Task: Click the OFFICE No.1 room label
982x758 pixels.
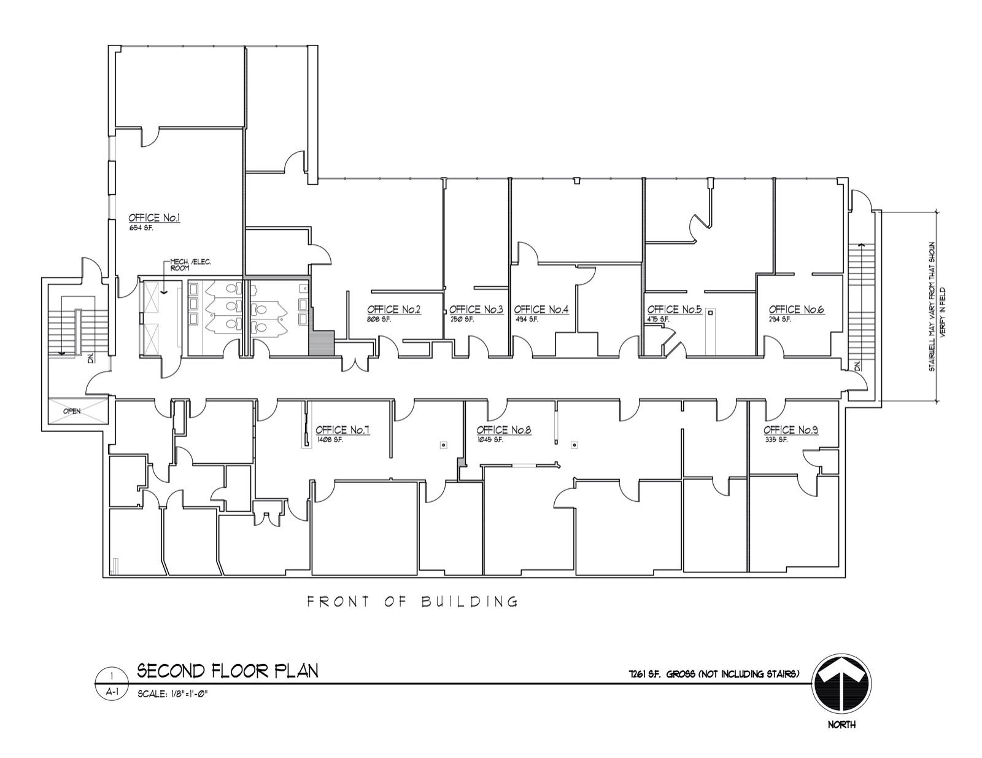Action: [x=153, y=218]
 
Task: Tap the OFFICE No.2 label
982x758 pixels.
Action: [x=393, y=310]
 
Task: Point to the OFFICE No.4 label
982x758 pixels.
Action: [x=541, y=310]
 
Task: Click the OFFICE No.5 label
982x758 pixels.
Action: [x=674, y=310]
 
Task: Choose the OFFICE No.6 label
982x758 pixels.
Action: [x=796, y=310]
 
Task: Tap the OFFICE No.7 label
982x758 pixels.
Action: [x=342, y=430]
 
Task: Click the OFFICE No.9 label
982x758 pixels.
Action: [x=791, y=430]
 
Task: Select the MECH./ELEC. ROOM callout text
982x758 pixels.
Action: [x=190, y=265]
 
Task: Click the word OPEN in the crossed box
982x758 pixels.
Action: [x=72, y=411]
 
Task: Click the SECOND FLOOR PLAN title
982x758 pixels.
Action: [x=227, y=670]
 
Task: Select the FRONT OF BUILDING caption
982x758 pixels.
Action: [x=412, y=601]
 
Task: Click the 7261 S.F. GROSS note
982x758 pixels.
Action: [x=709, y=674]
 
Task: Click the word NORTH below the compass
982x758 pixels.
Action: [x=841, y=725]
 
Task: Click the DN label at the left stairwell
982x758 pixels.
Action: [x=91, y=359]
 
